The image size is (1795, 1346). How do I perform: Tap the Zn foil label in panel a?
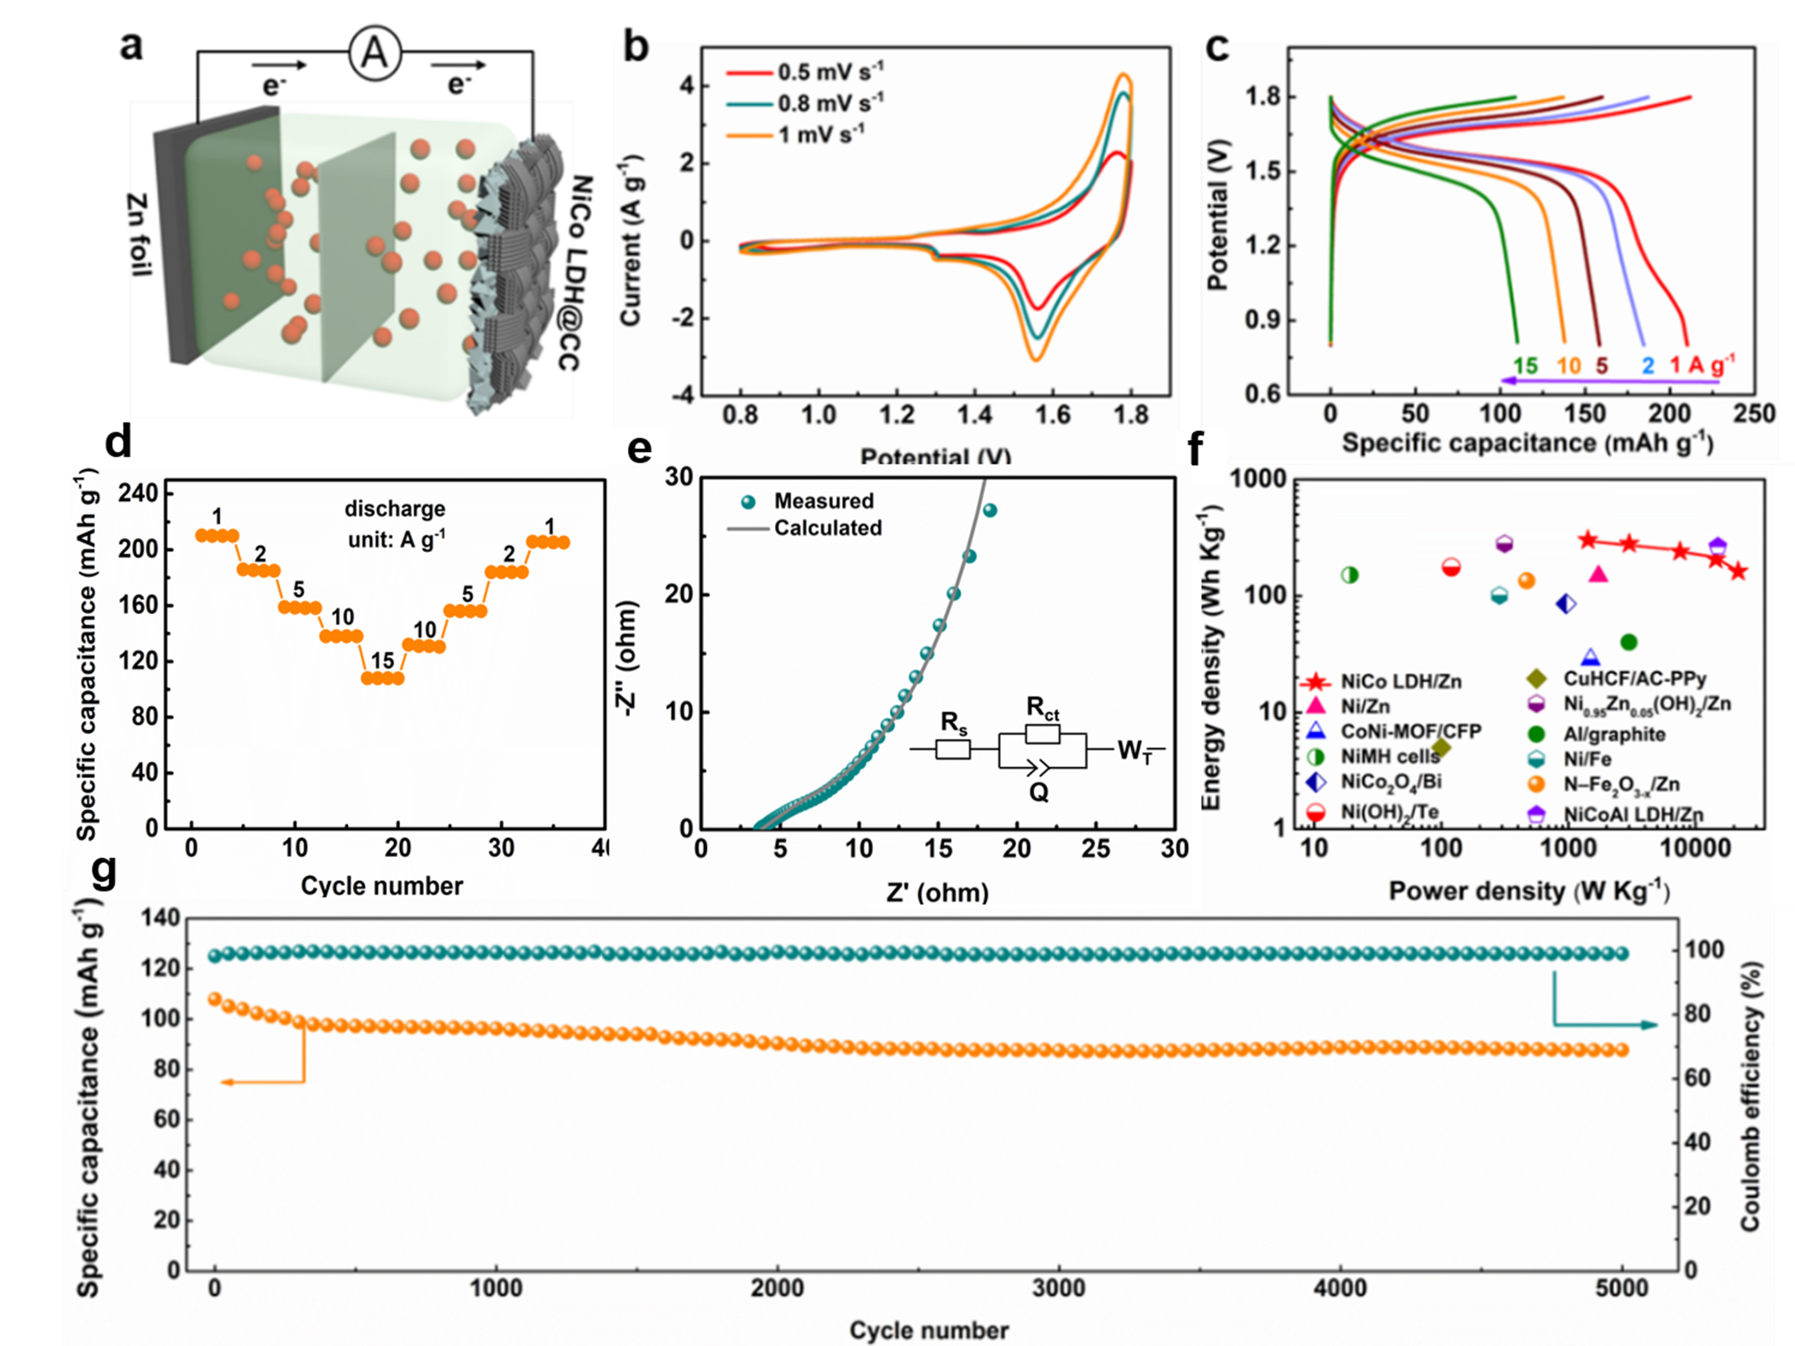click(140, 235)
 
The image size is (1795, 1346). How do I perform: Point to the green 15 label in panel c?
click(1525, 366)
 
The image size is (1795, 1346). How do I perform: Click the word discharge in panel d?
click(395, 509)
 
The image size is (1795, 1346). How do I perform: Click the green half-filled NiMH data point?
click(1349, 575)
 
